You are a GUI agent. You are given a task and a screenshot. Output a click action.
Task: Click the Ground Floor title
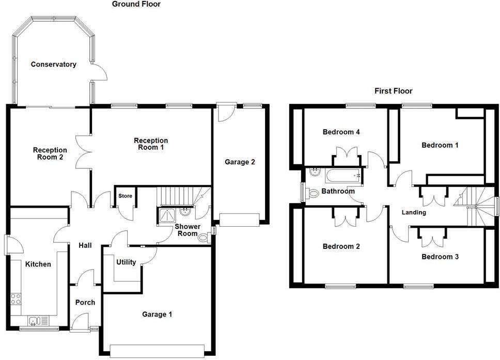(x=136, y=4)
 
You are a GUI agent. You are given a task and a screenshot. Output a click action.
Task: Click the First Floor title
(x=394, y=91)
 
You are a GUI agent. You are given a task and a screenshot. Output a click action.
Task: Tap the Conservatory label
(x=53, y=65)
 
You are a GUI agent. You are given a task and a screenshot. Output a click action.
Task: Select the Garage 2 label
(x=240, y=162)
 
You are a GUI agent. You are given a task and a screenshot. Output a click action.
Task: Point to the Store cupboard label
(x=126, y=196)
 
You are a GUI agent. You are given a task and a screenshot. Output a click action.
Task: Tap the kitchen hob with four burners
(x=16, y=299)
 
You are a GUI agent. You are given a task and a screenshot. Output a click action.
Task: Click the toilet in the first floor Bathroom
(x=312, y=193)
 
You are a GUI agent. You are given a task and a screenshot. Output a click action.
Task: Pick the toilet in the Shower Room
(x=205, y=238)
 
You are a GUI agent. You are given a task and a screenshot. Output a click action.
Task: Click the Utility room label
(x=126, y=262)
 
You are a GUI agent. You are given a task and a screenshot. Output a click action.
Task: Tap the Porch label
(x=85, y=302)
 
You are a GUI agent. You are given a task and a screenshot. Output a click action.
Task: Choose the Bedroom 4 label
(x=341, y=132)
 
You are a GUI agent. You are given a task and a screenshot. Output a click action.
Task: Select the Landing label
(x=414, y=212)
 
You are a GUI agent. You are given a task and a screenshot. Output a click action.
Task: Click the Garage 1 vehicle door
(x=160, y=351)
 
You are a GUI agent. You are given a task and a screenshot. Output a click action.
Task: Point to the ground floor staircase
(x=178, y=197)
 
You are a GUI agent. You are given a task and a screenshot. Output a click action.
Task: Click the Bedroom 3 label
(x=440, y=257)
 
